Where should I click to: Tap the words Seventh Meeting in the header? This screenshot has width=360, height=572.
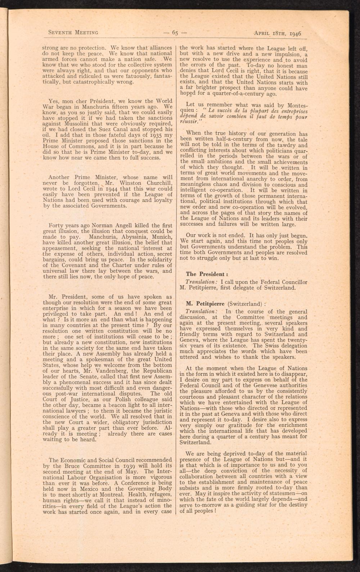(x=73, y=32)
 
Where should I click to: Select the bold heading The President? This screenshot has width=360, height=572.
(x=204, y=274)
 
